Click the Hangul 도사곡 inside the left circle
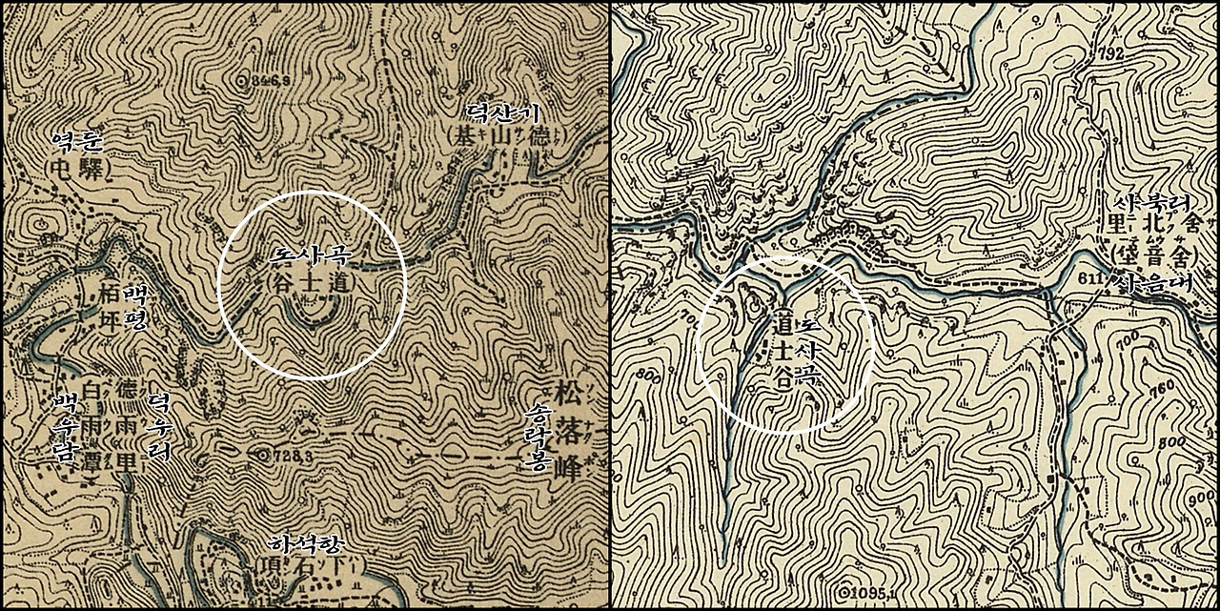pos(311,256)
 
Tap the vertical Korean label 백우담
pos(66,426)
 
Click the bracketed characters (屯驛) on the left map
pos(77,169)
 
